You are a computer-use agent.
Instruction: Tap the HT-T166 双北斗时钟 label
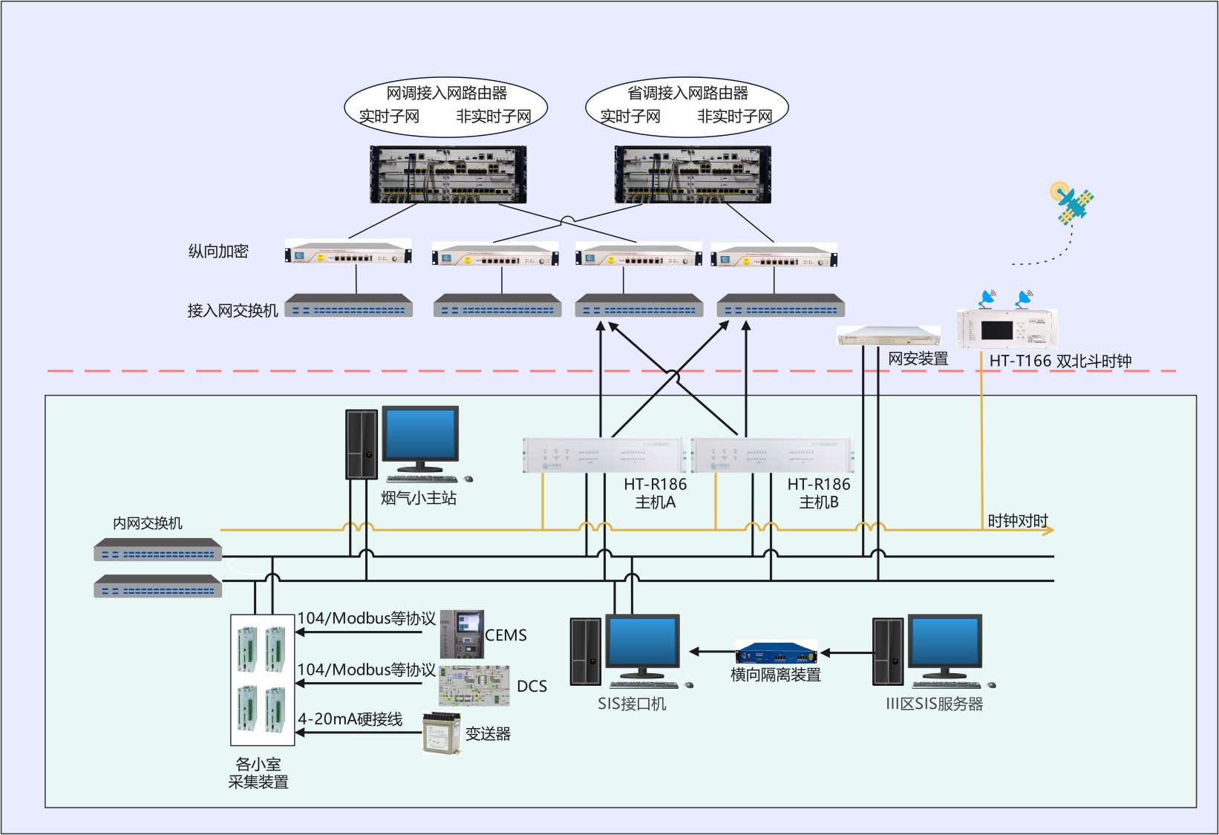1059,361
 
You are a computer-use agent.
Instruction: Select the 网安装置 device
888,336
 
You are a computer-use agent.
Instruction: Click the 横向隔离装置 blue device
776,654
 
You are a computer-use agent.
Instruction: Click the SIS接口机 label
632,704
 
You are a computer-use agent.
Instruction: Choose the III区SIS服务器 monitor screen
945,643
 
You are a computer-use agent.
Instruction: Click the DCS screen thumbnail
474,685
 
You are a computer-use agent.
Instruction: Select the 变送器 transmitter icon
441,733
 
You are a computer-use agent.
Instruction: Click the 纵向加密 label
218,252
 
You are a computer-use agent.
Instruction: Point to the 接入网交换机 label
232,310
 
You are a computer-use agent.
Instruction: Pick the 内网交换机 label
148,523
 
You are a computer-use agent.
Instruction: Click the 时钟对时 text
1017,520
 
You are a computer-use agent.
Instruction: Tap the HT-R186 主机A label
655,493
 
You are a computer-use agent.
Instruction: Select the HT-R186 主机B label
819,493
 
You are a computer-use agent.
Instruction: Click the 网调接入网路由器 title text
446,94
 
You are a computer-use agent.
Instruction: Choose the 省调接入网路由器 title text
687,94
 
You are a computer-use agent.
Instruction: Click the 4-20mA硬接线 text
350,719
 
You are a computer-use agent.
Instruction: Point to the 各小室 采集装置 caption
258,773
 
